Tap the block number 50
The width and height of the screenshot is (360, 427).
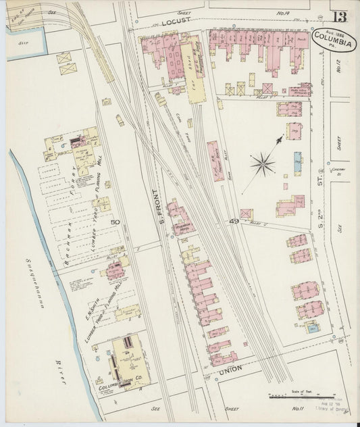[x=115, y=222]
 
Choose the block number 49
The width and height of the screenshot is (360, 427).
[x=234, y=221]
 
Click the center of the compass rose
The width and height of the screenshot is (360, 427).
[x=262, y=163]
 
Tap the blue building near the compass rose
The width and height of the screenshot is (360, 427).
[x=298, y=163]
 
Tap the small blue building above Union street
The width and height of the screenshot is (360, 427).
[x=311, y=328]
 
